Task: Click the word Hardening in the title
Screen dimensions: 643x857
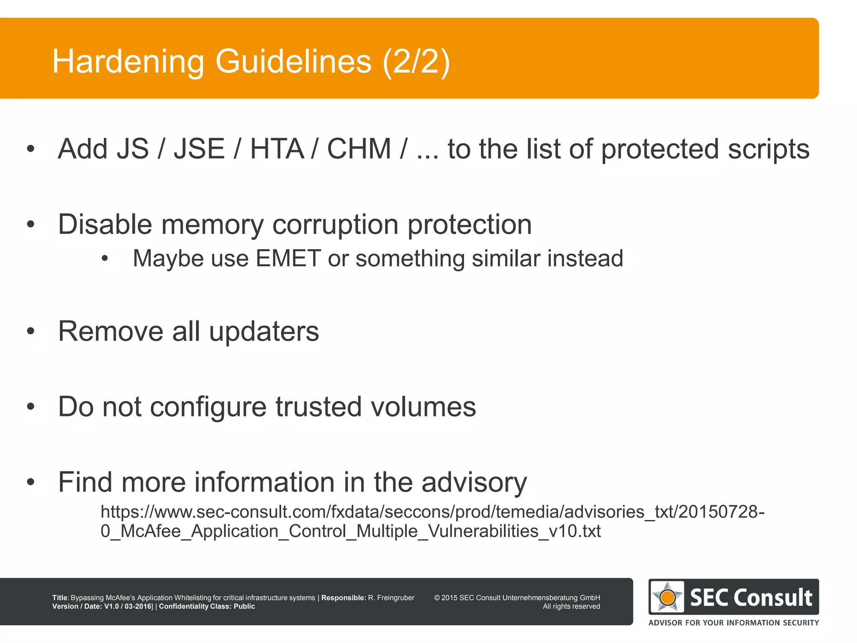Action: tap(128, 62)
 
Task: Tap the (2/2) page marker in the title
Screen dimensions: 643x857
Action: tap(416, 62)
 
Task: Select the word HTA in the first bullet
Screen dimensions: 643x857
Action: tap(277, 149)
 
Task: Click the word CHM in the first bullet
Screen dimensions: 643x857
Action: tap(359, 149)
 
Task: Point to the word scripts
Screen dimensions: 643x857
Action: tap(768, 150)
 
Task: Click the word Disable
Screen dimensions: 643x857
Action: tap(105, 224)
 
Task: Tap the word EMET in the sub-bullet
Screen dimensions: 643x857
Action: tap(288, 258)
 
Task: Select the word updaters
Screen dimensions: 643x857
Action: tap(264, 332)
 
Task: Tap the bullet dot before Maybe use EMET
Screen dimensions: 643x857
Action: tap(105, 259)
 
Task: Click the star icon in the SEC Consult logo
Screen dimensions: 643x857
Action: tap(667, 597)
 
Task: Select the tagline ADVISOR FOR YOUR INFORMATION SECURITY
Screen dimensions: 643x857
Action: tap(734, 623)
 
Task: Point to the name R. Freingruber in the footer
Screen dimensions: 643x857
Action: tap(391, 598)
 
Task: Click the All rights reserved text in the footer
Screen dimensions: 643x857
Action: tap(571, 607)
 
